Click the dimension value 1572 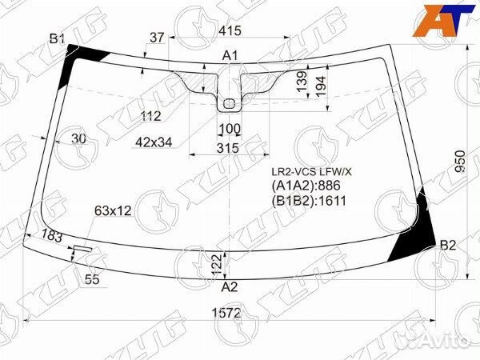(228, 313)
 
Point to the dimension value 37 (157, 37)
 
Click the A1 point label (230, 55)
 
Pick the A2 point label (229, 286)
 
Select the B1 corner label (57, 38)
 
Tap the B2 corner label (448, 245)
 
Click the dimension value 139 (302, 82)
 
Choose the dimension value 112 (150, 116)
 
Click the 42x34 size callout (154, 142)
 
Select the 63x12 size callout (113, 210)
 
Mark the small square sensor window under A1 (230, 102)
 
